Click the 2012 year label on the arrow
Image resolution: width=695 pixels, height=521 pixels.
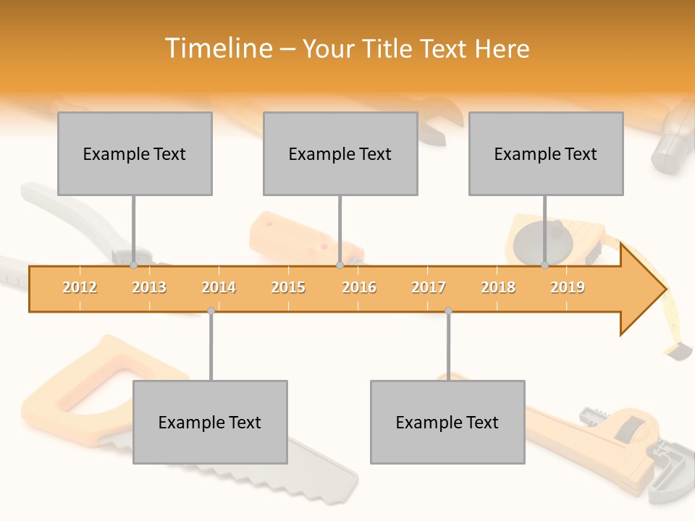click(80, 287)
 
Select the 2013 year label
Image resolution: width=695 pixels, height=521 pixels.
click(149, 287)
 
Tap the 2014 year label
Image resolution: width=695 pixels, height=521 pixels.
click(219, 287)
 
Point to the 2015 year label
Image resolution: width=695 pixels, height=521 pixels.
click(288, 287)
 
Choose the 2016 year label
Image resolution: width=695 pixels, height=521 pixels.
click(359, 287)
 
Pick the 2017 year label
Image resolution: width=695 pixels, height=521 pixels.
click(429, 287)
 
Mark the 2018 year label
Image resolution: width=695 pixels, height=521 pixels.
click(498, 287)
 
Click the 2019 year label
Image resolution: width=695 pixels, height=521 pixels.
click(568, 287)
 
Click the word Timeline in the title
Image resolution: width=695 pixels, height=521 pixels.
click(217, 48)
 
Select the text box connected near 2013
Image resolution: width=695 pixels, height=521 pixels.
click(135, 153)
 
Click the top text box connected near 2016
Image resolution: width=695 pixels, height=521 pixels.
click(340, 153)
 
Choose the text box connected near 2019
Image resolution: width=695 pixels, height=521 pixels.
click(546, 153)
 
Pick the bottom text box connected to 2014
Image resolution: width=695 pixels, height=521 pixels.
click(210, 422)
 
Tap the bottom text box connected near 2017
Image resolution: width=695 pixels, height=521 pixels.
click(447, 422)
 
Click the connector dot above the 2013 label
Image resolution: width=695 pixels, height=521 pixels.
click(134, 266)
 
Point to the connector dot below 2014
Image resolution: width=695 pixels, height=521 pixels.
click(211, 311)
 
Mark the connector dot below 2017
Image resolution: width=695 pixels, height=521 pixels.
click(448, 311)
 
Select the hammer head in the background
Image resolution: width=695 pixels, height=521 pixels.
click(670, 137)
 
